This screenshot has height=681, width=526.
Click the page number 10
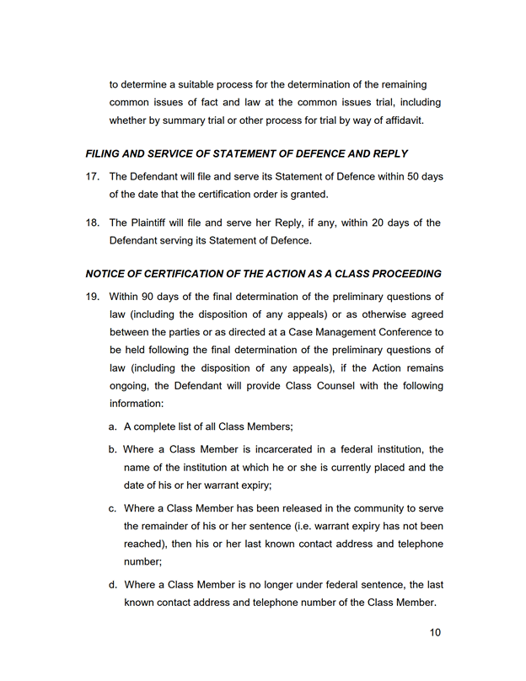point(434,633)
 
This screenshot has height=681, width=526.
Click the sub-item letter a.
point(112,428)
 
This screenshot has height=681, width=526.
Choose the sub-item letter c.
point(112,508)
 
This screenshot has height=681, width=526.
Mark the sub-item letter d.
point(112,584)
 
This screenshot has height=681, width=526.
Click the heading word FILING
point(105,154)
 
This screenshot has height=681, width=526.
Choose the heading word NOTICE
point(106,274)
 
